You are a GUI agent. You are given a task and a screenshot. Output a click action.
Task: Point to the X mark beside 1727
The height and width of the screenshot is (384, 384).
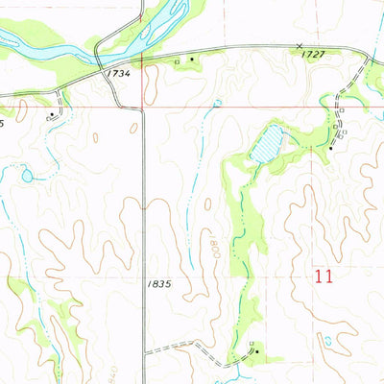[x=300, y=45]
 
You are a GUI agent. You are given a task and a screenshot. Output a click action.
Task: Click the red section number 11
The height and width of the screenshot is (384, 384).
[x=324, y=277]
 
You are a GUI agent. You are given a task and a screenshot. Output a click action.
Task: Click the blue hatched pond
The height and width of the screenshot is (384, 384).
[x=267, y=143]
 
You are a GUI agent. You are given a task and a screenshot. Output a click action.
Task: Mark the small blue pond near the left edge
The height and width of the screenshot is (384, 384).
[x=27, y=175]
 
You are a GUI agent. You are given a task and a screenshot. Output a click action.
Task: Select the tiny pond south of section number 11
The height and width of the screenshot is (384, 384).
[x=328, y=340]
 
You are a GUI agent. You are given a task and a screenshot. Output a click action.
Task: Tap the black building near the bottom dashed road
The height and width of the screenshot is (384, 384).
[x=256, y=351]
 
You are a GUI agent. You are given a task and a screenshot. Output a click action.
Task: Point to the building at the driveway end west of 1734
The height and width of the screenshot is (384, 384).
[x=51, y=113]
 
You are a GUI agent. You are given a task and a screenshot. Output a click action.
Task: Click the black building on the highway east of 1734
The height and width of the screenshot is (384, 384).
[x=194, y=60]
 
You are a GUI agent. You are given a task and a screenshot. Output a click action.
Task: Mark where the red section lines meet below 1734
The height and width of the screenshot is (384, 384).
[x=144, y=108]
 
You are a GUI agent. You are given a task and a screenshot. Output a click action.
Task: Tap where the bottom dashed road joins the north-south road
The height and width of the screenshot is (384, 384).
[x=145, y=352]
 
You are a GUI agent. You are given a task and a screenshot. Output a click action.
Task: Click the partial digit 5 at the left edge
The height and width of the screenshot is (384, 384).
[x=3, y=123]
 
